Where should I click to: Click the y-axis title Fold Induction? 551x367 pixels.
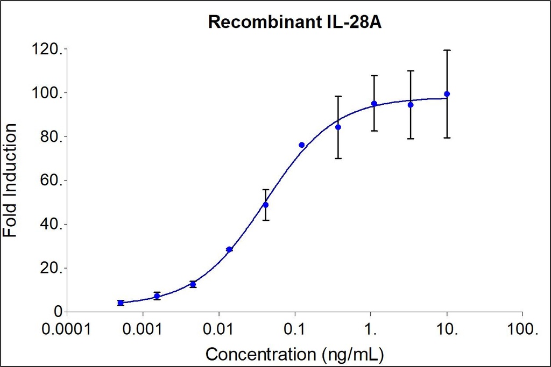click(10, 180)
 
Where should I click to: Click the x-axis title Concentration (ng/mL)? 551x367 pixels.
click(295, 354)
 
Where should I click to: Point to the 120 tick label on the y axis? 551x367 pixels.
click(47, 49)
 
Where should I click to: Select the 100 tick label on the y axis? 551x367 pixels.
click(47, 93)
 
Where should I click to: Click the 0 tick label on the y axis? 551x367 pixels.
click(56, 312)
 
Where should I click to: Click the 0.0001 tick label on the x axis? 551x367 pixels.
click(67, 329)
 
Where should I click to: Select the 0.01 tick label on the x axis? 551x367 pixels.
click(218, 329)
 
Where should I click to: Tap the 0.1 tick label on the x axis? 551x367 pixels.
click(295, 329)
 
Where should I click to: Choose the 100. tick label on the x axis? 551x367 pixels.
click(522, 329)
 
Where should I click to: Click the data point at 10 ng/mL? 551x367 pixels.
click(447, 94)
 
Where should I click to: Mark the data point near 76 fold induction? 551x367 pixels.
click(301, 145)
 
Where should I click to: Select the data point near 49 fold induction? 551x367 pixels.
click(265, 205)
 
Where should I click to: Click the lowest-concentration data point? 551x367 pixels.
click(121, 303)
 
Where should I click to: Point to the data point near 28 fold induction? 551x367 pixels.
click(229, 249)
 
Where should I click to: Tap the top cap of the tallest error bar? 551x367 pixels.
click(447, 50)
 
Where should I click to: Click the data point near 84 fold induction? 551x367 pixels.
click(338, 127)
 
